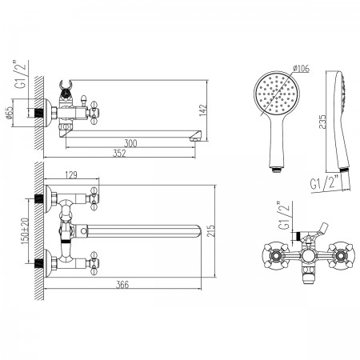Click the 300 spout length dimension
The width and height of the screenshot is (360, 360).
click(x=130, y=143)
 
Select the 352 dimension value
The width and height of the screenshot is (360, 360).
click(x=119, y=154)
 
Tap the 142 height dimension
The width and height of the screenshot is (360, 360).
click(x=203, y=110)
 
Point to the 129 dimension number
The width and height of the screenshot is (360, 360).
click(x=71, y=174)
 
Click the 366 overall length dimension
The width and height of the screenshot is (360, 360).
click(x=122, y=285)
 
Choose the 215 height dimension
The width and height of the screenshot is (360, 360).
click(x=210, y=231)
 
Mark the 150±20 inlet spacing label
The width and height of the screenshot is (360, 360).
click(x=24, y=230)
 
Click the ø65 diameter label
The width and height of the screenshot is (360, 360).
click(x=9, y=113)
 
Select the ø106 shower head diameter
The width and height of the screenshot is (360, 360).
click(x=301, y=69)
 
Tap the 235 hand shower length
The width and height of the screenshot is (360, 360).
click(x=322, y=122)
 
